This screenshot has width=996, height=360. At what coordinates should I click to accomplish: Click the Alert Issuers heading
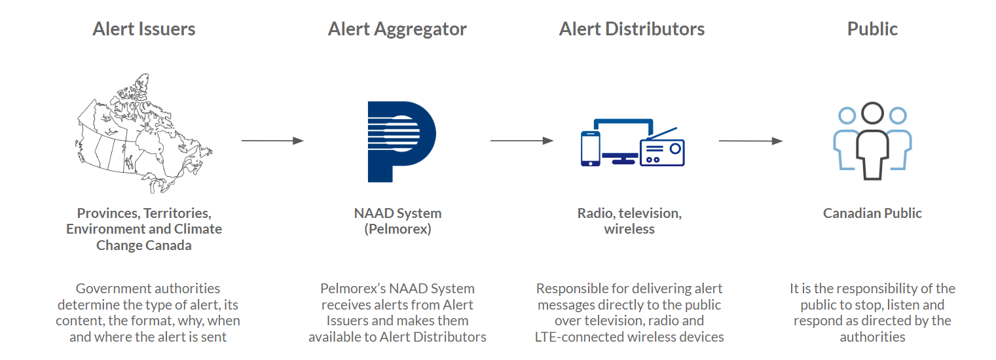[144, 29]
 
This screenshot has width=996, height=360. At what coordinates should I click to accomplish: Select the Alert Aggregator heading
[397, 29]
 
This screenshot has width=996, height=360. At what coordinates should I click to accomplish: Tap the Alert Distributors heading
[632, 29]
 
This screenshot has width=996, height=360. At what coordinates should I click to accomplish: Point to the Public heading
[872, 29]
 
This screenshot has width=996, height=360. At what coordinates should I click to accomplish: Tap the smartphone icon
[590, 149]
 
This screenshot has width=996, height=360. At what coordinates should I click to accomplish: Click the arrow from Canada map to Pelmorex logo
[272, 141]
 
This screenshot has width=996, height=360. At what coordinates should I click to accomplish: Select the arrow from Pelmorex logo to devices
[521, 141]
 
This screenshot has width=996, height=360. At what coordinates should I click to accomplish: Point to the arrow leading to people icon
[750, 141]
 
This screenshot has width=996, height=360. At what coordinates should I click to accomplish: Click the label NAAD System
[397, 213]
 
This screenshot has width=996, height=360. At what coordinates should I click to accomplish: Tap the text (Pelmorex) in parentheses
[397, 230]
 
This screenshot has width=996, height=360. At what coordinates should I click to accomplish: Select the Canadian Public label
[872, 213]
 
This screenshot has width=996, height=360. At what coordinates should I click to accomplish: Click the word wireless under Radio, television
[629, 230]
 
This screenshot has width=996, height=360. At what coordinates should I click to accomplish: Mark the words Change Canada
[144, 245]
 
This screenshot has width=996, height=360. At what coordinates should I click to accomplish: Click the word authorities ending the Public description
[872, 337]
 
